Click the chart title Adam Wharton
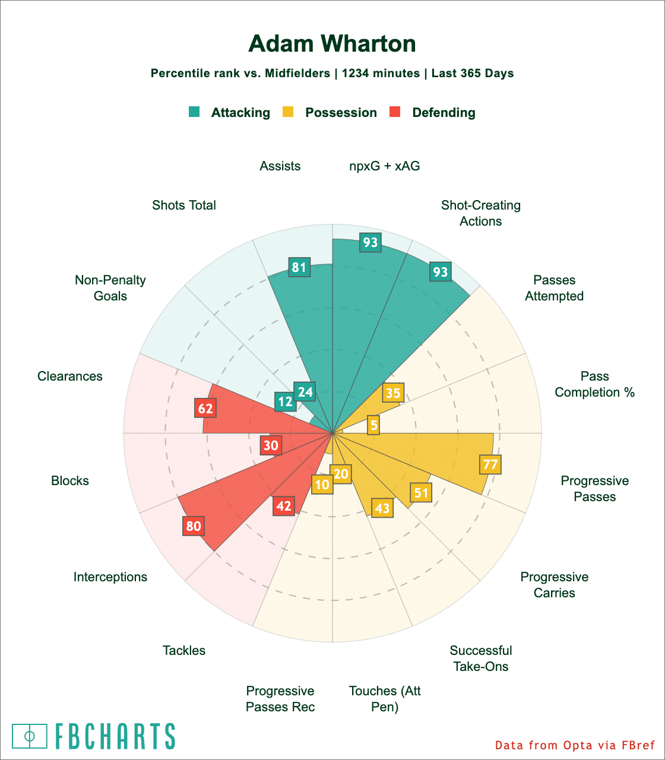point(332,44)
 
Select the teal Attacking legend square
point(194,112)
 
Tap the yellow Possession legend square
point(288,112)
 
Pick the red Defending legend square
point(395,112)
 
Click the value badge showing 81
point(299,267)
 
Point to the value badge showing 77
point(490,464)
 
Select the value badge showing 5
point(373,425)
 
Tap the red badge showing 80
point(194,525)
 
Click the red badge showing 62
point(205,408)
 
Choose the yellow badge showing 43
point(382,508)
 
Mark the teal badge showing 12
point(285,401)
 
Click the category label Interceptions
point(110,577)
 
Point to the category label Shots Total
point(184,205)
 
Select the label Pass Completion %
point(595,384)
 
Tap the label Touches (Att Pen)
point(385,699)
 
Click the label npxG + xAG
point(384,166)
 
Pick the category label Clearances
point(70,376)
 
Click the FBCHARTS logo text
point(115,736)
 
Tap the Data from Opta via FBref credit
point(575,745)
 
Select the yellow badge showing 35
point(393,392)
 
